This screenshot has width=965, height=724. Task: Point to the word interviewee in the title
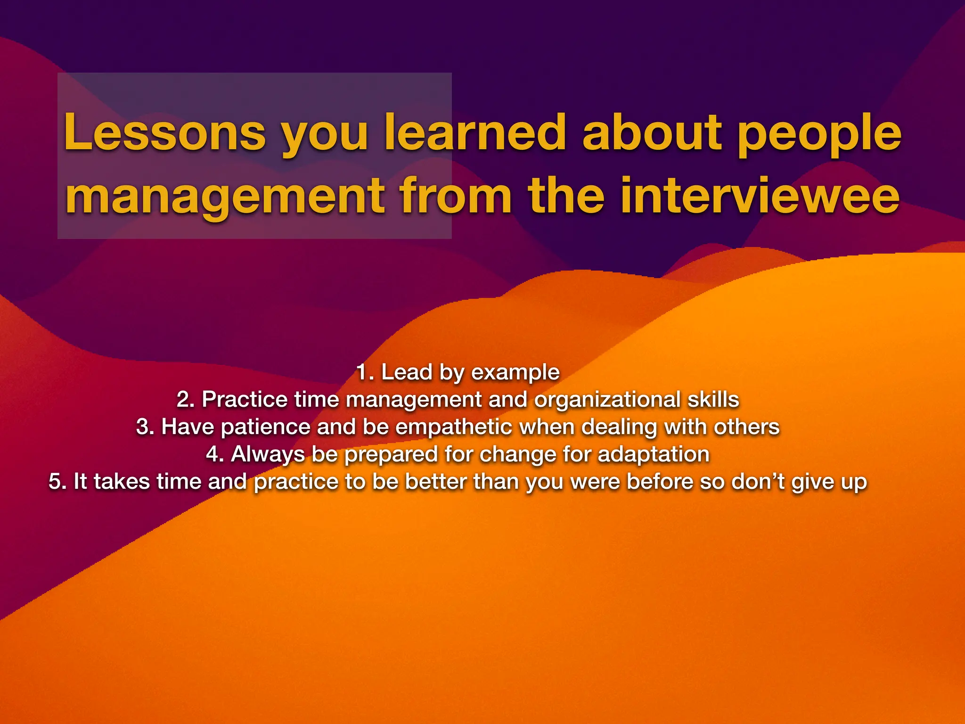pyautogui.click(x=760, y=195)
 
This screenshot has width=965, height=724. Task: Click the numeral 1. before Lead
pyautogui.click(x=365, y=372)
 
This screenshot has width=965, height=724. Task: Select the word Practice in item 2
pyautogui.click(x=245, y=400)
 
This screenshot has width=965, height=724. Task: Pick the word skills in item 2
pyautogui.click(x=713, y=400)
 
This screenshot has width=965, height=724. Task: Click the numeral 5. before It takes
pyautogui.click(x=57, y=482)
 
